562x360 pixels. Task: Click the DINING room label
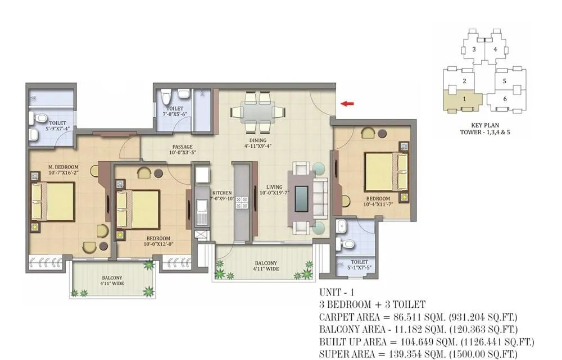[x=258, y=141]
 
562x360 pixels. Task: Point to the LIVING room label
[x=274, y=188]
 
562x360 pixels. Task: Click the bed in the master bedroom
[x=53, y=202]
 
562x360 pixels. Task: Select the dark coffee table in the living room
[x=301, y=198]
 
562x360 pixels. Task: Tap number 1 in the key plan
[x=464, y=99]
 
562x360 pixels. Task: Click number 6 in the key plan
[x=505, y=99]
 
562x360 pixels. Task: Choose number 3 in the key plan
[x=474, y=49]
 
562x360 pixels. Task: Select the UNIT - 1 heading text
[x=337, y=293]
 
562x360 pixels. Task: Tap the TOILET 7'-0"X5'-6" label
[x=175, y=112]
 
